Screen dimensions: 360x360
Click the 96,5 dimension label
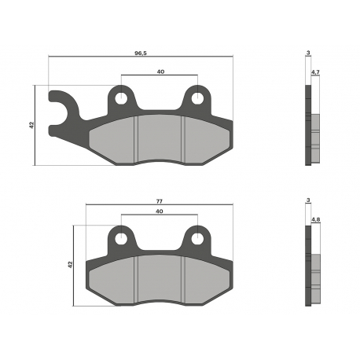141,53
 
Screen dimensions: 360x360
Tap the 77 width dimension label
160,201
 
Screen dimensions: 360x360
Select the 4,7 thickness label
315,72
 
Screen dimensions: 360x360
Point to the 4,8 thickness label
316,219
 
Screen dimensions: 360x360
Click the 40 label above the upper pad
160,72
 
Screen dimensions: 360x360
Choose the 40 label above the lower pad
160,211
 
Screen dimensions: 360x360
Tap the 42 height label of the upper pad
31,125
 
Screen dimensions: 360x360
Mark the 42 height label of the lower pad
70,265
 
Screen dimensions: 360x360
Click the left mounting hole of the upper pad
121,98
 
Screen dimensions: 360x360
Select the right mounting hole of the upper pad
197,98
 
